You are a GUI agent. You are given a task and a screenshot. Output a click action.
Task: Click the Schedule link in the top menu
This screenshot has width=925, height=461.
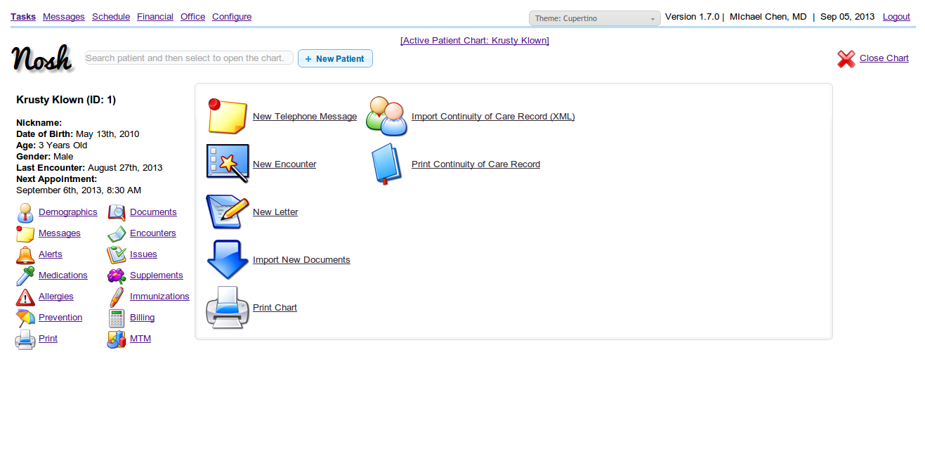coord(111,17)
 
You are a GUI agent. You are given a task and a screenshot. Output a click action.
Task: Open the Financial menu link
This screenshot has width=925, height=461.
coord(155,17)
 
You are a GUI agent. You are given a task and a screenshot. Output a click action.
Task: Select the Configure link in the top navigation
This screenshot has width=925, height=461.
coord(232,17)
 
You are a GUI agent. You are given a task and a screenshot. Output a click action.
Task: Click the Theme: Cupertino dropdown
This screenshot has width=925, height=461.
coord(594,18)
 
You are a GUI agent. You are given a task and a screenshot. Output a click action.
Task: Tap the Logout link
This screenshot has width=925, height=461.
coord(896,17)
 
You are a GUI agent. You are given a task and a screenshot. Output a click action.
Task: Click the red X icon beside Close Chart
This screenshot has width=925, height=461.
coord(846,58)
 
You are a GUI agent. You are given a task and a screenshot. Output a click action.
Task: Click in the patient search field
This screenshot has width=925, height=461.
coord(189,58)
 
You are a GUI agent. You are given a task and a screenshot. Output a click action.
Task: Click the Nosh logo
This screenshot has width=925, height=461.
coord(41,58)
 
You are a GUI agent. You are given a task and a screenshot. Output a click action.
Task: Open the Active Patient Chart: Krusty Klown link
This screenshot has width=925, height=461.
coord(475,41)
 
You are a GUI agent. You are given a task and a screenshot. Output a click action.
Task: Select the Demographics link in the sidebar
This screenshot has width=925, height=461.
coord(67,212)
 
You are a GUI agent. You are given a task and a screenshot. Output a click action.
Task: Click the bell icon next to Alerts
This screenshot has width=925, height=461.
coord(25,255)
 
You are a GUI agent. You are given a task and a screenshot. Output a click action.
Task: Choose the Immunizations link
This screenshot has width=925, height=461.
coord(159,296)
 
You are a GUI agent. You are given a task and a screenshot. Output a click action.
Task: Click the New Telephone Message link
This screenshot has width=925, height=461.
coord(305,117)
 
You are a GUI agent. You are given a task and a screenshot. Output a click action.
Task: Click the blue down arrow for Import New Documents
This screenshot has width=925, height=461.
coord(227,259)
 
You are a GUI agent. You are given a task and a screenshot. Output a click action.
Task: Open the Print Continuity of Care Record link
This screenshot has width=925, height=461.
coord(475,164)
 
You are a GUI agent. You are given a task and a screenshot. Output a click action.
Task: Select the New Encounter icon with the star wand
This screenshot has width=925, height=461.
coord(228,164)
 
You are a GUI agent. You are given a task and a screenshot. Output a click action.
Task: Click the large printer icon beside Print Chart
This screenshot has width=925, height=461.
coord(228,307)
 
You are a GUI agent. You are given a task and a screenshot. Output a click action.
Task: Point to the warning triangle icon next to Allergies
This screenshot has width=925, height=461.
coord(25,297)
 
